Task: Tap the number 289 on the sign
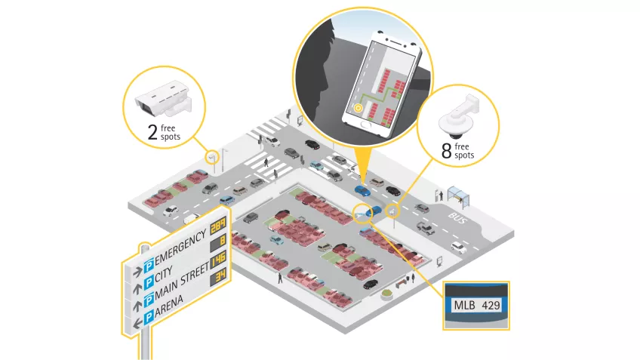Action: (x=217, y=226)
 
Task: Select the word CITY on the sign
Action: (x=175, y=270)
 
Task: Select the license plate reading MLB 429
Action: (x=475, y=306)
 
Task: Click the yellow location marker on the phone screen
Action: (x=358, y=107)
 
